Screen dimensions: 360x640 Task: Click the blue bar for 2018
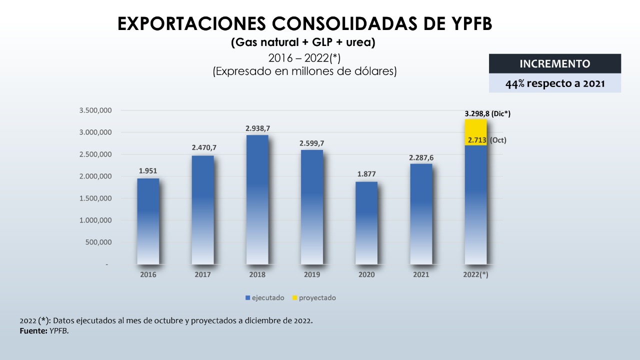pos(257,200)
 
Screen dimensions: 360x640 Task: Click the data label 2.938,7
pos(257,128)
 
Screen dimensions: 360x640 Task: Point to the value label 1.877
pos(366,174)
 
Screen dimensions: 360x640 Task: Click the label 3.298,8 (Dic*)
pos(487,113)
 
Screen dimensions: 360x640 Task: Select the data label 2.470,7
pos(202,148)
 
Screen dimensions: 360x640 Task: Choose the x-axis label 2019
pos(311,275)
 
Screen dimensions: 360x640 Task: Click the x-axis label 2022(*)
pos(475,275)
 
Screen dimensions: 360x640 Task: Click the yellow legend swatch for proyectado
pos(295,298)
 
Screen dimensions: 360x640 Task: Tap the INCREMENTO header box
pos(554,64)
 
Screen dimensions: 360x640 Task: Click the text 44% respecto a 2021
pos(554,83)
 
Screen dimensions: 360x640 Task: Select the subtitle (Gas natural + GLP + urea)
pos(303,43)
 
